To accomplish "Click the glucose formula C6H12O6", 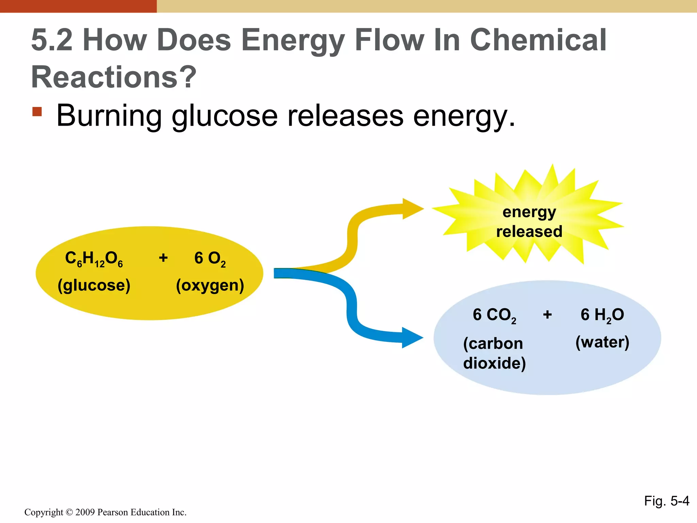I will click(x=94, y=259).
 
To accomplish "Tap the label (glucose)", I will click(x=94, y=285).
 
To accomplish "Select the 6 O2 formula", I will click(x=210, y=259).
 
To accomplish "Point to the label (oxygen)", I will click(x=210, y=285).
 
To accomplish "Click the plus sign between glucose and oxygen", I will click(x=163, y=258).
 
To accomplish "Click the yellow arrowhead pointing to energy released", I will click(x=412, y=209).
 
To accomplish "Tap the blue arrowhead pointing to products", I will click(x=412, y=338).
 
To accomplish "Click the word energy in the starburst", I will click(x=529, y=212).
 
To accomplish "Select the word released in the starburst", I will click(x=529, y=232).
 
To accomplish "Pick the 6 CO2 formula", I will click(x=494, y=315).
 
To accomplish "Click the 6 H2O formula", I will click(x=602, y=315).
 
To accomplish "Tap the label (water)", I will click(x=602, y=342).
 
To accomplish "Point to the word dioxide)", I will click(x=494, y=363).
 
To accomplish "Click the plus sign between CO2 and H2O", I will click(x=547, y=315).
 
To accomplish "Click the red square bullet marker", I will click(x=37, y=112).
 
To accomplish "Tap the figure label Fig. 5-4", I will click(x=666, y=501).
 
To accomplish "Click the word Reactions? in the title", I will click(x=114, y=77).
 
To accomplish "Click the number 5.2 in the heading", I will click(x=52, y=40).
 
